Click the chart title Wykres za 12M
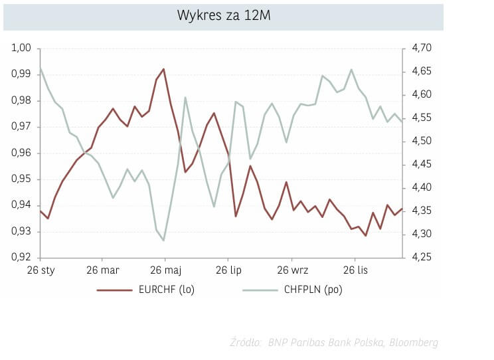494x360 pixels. [x=223, y=17]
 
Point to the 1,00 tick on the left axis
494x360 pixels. [x=22, y=48]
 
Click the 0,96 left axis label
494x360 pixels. [x=22, y=153]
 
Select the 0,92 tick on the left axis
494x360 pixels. [x=22, y=258]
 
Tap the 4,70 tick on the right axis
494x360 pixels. [x=422, y=48]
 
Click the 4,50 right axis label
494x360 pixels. [x=422, y=141]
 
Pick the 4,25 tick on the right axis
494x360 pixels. [x=422, y=258]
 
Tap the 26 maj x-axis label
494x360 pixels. [x=165, y=271]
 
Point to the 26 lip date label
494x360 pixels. [x=228, y=271]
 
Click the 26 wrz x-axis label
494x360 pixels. [x=291, y=271]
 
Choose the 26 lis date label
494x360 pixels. [x=355, y=271]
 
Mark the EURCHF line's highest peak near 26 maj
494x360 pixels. [x=163, y=69]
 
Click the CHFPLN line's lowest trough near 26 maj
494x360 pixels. [x=163, y=240]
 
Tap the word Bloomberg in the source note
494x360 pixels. [x=413, y=343]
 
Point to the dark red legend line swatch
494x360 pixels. [x=115, y=290]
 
